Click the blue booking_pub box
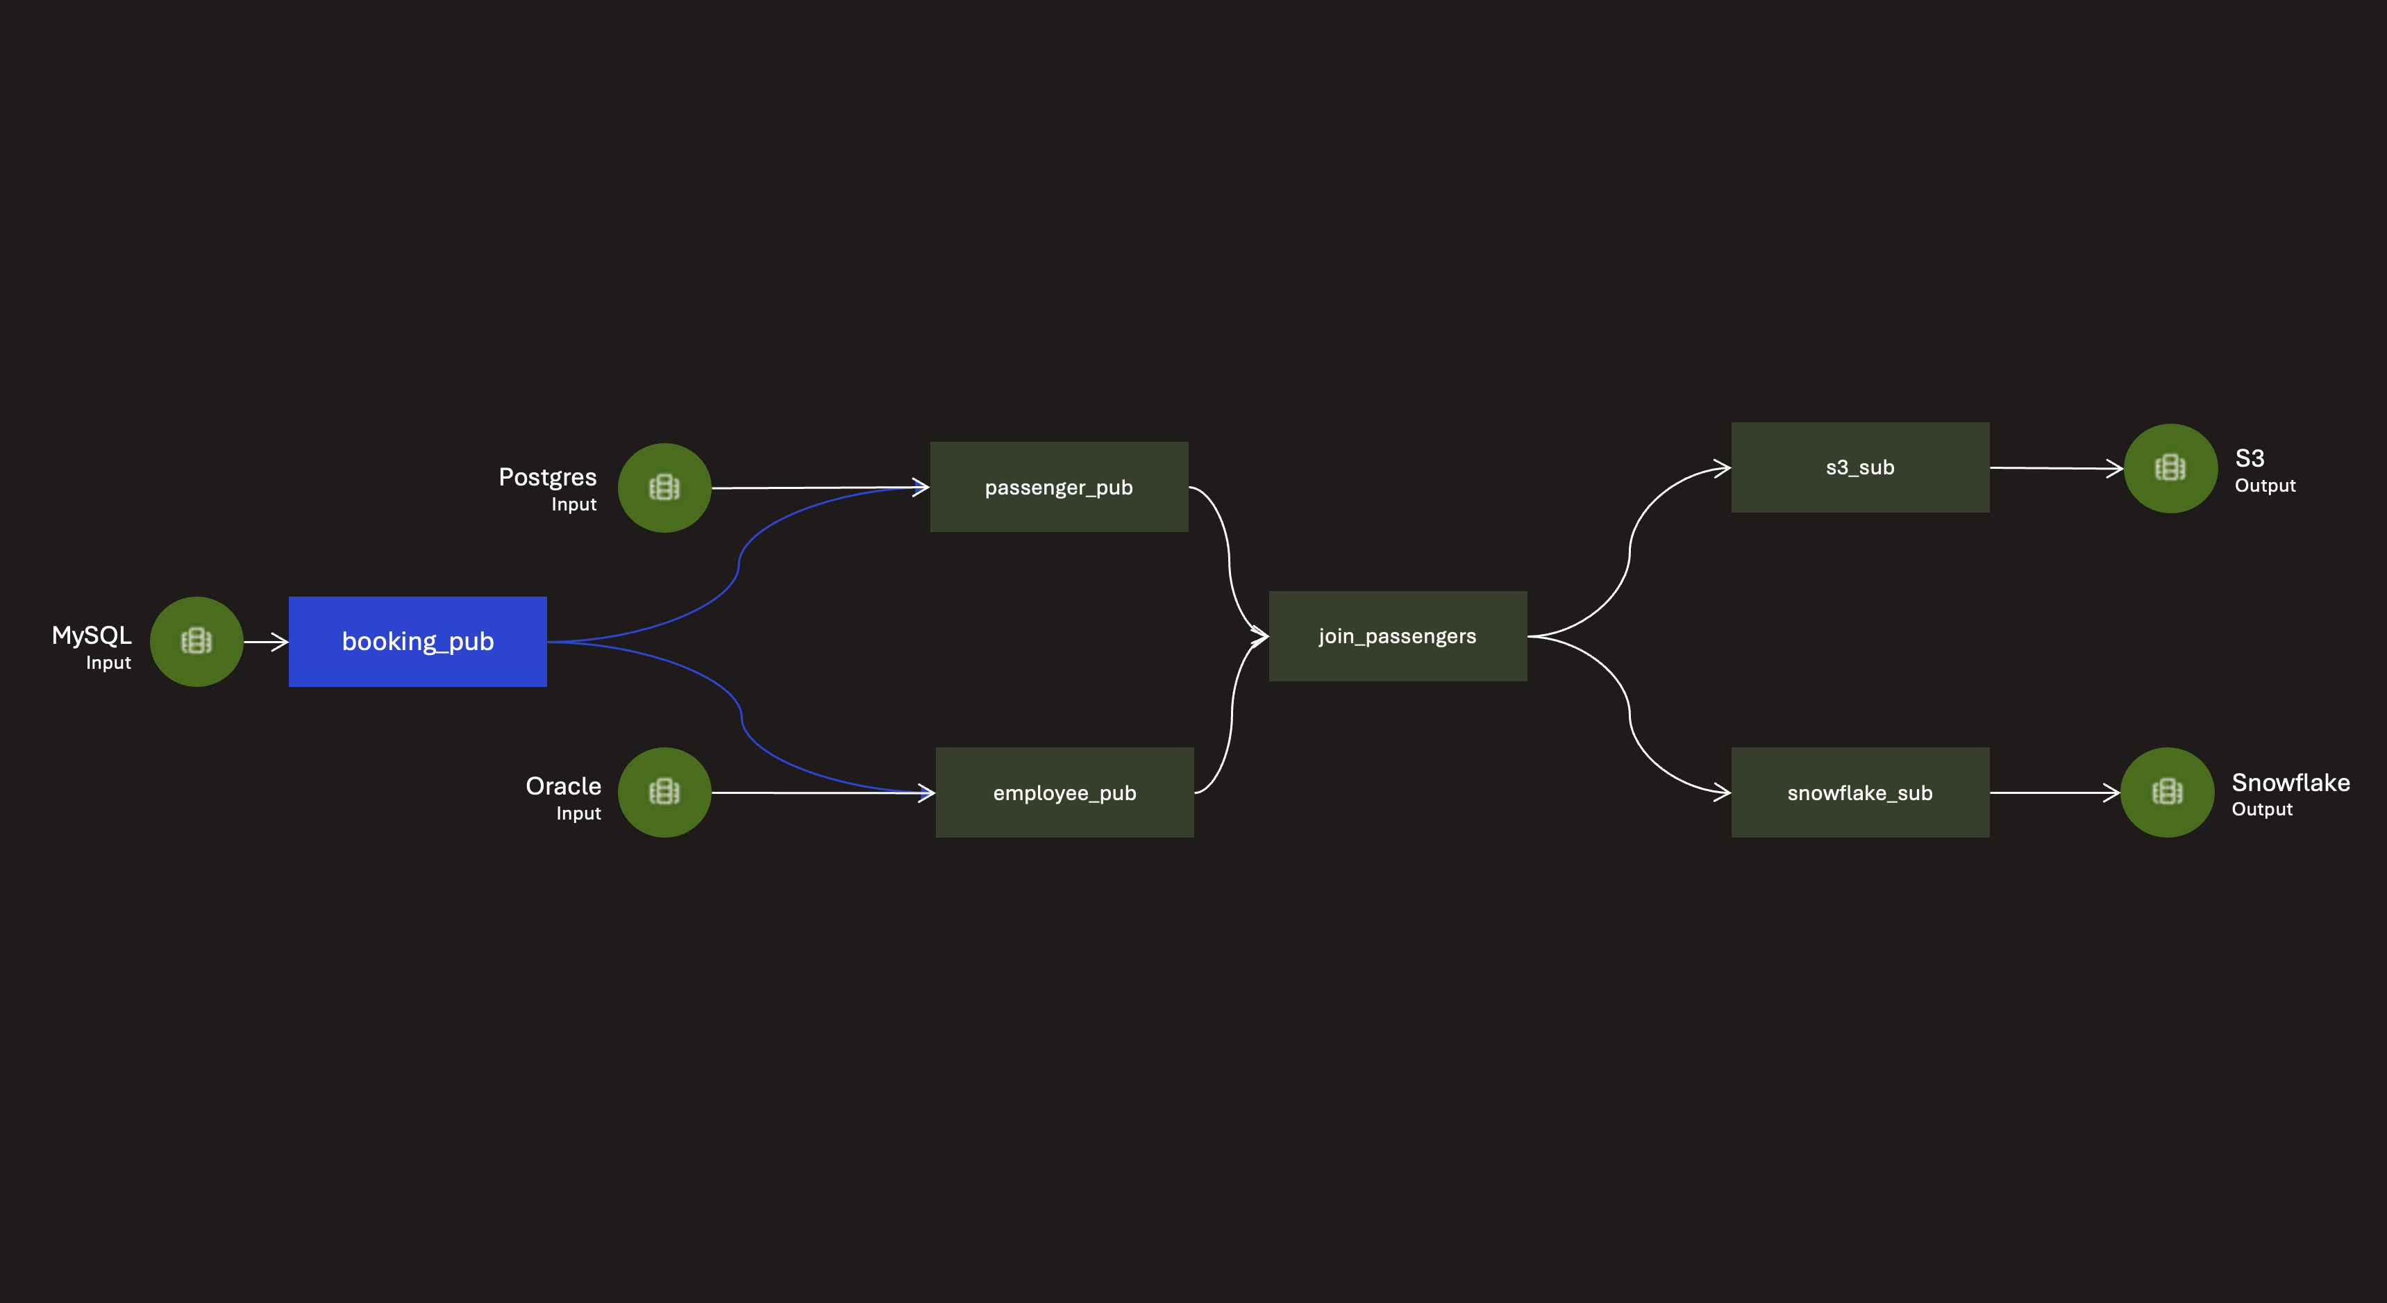point(417,641)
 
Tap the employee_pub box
point(1064,792)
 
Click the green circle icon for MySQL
point(196,641)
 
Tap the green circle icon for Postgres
point(664,488)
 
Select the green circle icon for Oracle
point(664,792)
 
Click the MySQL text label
point(92,636)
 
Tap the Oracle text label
point(562,786)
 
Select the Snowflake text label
point(2290,783)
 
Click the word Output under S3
point(2265,485)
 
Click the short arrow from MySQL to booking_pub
point(266,641)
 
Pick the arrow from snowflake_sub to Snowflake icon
point(2054,792)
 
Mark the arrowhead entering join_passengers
point(1260,636)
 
